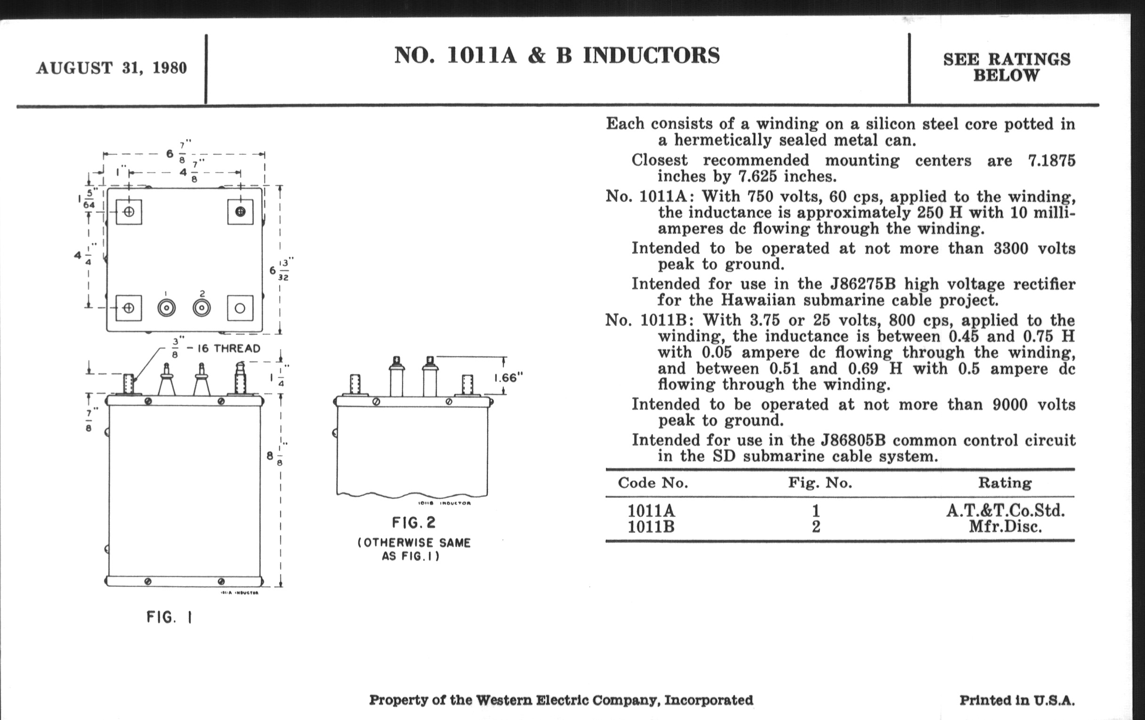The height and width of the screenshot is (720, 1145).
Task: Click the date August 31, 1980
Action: pyautogui.click(x=111, y=68)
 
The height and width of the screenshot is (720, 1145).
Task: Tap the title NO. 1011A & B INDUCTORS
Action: pyautogui.click(x=557, y=56)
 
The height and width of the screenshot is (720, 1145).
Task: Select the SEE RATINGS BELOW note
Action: pyautogui.click(x=1006, y=67)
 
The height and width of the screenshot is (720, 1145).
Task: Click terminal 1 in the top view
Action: pyautogui.click(x=166, y=308)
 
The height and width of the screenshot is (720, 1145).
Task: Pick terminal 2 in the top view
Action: pyautogui.click(x=202, y=308)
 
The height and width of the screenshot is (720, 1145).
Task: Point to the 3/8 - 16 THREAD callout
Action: pyautogui.click(x=217, y=348)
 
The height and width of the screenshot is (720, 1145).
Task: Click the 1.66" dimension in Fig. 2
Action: pyautogui.click(x=508, y=378)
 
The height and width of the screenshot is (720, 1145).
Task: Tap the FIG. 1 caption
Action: pyautogui.click(x=169, y=617)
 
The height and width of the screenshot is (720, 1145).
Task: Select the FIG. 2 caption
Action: pyautogui.click(x=414, y=523)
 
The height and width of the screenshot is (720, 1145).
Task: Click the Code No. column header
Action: pyautogui.click(x=653, y=483)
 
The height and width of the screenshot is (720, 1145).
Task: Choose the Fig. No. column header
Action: pyautogui.click(x=820, y=483)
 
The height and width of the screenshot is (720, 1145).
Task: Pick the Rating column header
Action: pyautogui.click(x=1005, y=483)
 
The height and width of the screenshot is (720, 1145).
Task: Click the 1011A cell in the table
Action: pyautogui.click(x=651, y=511)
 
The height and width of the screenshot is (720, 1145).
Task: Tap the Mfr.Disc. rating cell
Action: pyautogui.click(x=1005, y=527)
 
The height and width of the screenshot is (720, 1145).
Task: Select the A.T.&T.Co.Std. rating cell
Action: pyautogui.click(x=1005, y=511)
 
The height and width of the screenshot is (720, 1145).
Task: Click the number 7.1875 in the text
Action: pyautogui.click(x=1051, y=160)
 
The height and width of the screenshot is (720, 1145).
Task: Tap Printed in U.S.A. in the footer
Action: pyautogui.click(x=1017, y=700)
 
